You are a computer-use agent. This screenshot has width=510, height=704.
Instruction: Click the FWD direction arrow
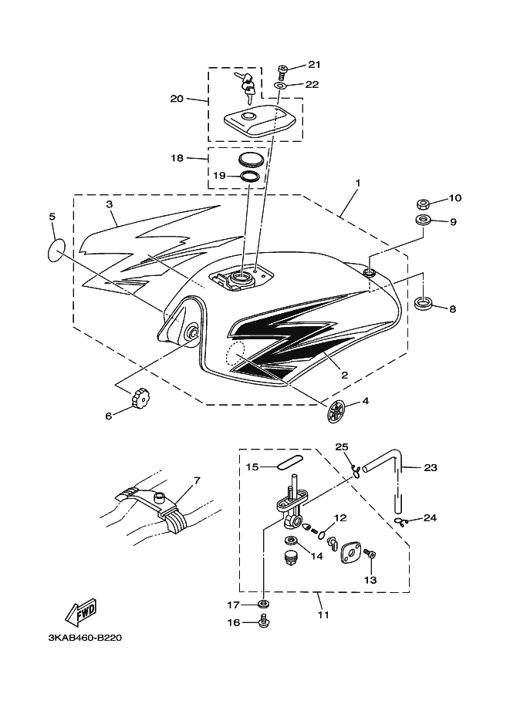pyautogui.click(x=81, y=612)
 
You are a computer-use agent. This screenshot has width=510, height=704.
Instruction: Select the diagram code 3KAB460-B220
pyautogui.click(x=84, y=638)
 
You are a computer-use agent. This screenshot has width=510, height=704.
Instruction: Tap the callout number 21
pyautogui.click(x=314, y=64)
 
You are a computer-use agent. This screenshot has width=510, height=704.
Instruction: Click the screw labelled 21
pyautogui.click(x=283, y=72)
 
